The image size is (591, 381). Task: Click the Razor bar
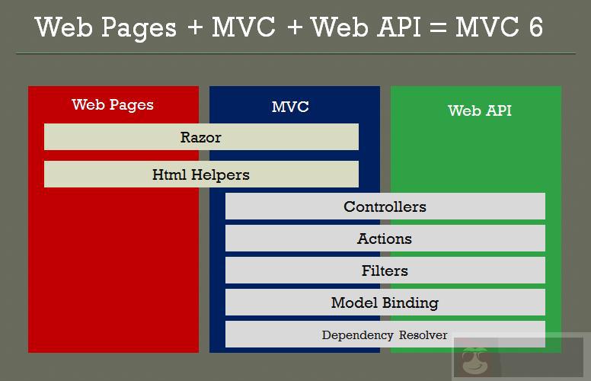point(201,137)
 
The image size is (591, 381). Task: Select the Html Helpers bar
point(201,174)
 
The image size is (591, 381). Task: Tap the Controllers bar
point(385,207)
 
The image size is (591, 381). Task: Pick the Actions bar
point(385,239)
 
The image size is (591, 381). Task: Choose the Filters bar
point(385,271)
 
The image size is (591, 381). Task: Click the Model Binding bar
point(385,303)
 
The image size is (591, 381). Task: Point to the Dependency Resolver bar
point(385,335)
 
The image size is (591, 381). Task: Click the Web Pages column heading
point(113,105)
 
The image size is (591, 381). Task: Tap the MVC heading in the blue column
point(290,107)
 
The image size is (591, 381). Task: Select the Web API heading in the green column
point(480,110)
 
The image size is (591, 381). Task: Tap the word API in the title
point(397,27)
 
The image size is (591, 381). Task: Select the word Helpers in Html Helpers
point(220,174)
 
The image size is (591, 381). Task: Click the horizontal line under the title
point(295,53)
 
